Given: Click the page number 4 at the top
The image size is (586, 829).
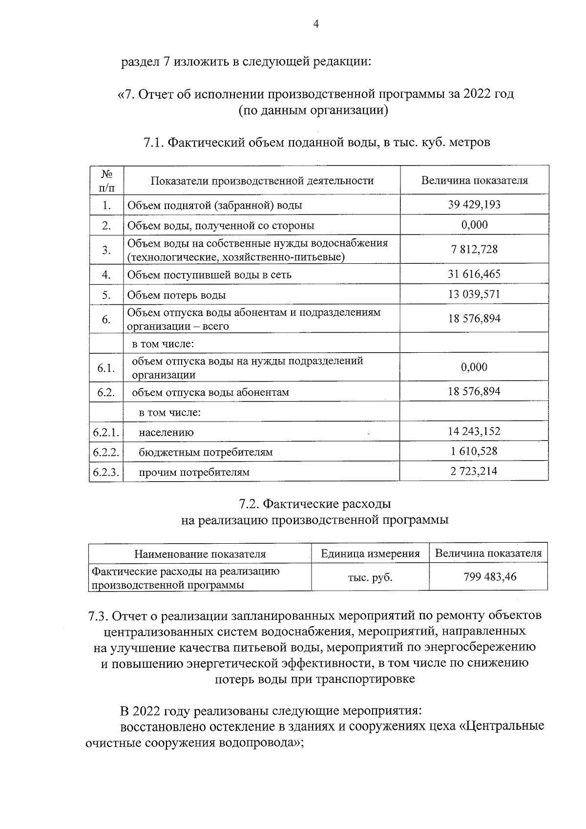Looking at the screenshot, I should [x=316, y=24].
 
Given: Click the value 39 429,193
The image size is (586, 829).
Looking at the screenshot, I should [x=474, y=205].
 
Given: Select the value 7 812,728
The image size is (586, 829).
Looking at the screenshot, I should [x=474, y=250].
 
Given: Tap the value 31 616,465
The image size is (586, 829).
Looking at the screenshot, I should [x=474, y=274].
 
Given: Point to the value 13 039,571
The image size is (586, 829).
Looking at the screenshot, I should [x=474, y=295].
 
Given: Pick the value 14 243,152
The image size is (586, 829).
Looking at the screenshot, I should [x=474, y=431].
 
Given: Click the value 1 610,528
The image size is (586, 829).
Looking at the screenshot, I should [x=474, y=451].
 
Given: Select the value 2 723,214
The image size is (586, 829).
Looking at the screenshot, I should [x=474, y=471].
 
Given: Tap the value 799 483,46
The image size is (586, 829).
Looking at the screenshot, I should [x=489, y=577].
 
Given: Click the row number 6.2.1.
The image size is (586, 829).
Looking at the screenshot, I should [x=106, y=432].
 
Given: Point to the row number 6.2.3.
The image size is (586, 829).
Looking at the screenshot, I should [x=106, y=472].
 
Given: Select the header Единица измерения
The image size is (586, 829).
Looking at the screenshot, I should [x=370, y=554].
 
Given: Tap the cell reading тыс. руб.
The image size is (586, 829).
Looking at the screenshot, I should [x=370, y=577].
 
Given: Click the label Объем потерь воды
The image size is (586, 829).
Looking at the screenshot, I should [x=176, y=295].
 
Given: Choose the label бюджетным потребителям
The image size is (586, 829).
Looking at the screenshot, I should [x=206, y=452].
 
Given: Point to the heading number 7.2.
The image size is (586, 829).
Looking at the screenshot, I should [x=250, y=504].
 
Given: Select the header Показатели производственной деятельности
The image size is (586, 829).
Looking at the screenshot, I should [x=262, y=181].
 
